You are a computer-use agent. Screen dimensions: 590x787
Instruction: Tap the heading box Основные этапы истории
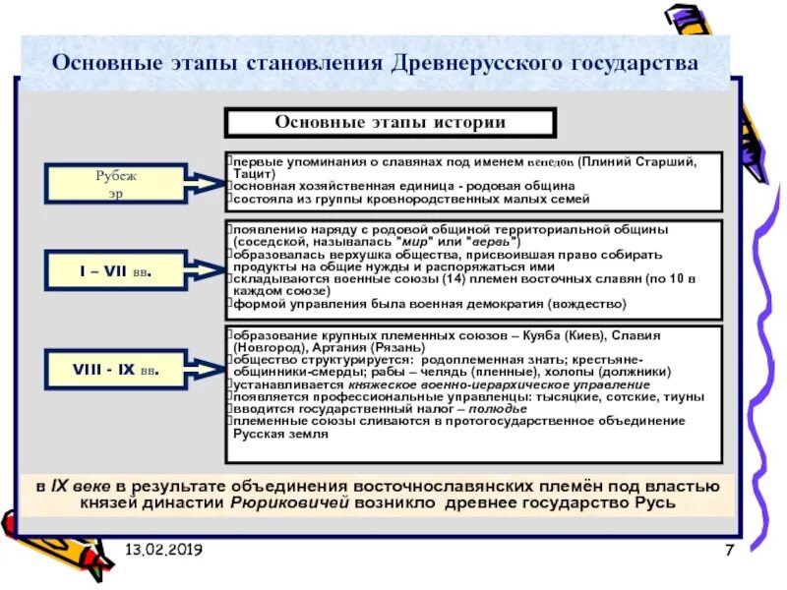tap(391, 123)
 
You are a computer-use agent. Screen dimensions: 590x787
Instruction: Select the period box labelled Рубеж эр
tap(115, 183)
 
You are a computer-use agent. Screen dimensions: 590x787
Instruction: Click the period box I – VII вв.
tap(115, 269)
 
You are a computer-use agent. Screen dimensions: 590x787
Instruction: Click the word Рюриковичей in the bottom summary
tap(279, 502)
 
